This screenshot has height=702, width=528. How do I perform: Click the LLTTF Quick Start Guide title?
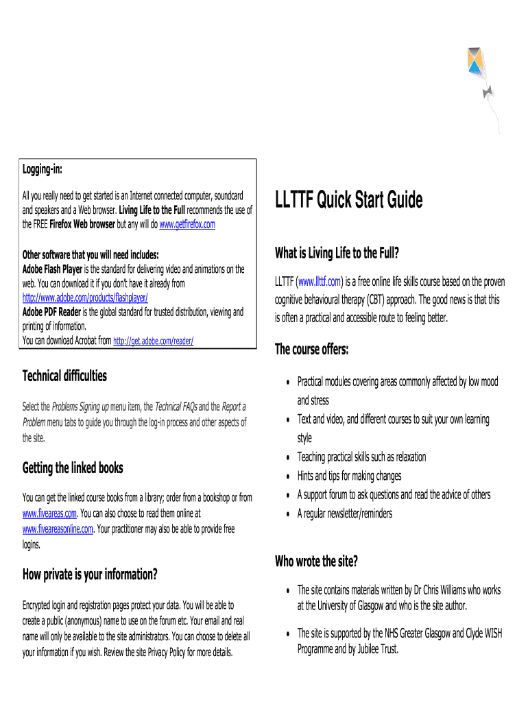(348, 200)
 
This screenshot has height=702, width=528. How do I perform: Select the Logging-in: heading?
(43, 169)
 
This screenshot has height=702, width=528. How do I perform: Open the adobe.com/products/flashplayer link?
(85, 297)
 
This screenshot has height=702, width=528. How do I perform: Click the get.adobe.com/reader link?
(153, 340)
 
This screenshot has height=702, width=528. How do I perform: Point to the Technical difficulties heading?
(64, 376)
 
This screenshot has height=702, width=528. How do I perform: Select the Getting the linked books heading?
(73, 468)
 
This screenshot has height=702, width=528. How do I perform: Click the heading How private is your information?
(90, 574)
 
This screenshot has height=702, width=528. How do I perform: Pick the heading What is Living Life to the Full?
(336, 253)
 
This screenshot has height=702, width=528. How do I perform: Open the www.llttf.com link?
(320, 282)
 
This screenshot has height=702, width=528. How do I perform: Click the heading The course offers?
(311, 350)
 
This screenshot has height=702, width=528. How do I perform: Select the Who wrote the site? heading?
(316, 561)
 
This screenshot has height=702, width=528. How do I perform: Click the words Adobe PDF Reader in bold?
(52, 312)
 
